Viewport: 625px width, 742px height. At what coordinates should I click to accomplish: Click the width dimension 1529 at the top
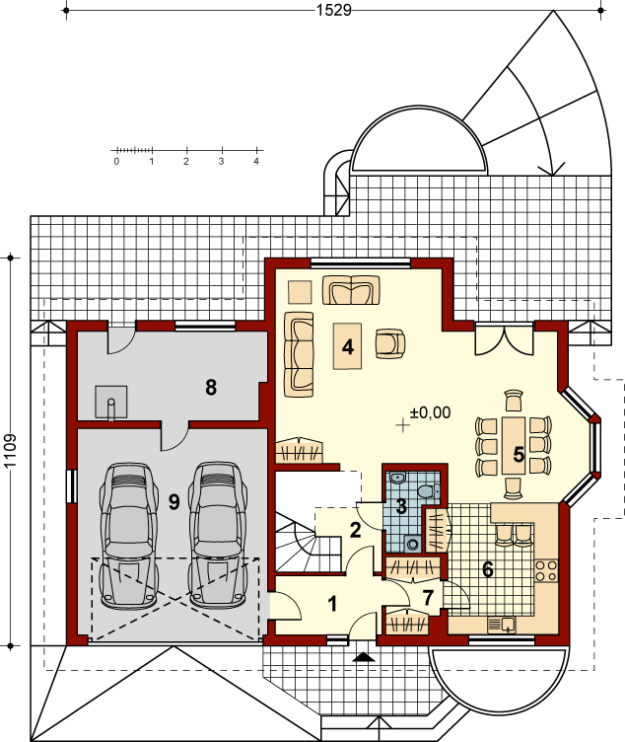click(334, 10)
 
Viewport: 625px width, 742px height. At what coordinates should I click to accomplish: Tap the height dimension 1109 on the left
click(11, 451)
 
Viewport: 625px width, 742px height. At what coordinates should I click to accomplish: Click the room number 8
click(211, 387)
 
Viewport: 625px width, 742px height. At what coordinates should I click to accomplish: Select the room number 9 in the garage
click(174, 501)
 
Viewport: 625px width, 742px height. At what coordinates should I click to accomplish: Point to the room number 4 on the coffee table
click(347, 347)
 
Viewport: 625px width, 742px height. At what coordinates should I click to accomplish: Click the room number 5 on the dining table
click(519, 454)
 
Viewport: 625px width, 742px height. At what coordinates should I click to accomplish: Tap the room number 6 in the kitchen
click(487, 569)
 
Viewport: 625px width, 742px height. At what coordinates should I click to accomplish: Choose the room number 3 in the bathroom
click(401, 506)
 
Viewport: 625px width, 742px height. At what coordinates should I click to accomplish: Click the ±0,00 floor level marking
click(430, 412)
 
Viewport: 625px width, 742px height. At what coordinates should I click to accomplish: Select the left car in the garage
click(128, 535)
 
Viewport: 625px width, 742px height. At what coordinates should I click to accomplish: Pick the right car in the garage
click(218, 535)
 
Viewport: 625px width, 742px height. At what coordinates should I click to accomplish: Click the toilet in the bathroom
click(429, 490)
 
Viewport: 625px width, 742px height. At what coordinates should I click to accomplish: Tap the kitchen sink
click(502, 625)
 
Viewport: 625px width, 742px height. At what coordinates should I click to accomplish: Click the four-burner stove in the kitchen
click(546, 570)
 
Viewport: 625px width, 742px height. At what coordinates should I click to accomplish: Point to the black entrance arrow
click(363, 657)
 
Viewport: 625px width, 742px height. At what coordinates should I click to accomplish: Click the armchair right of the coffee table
click(390, 344)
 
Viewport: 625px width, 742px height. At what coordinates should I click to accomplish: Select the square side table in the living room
click(300, 292)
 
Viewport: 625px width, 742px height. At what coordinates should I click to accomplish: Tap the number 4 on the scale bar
click(256, 162)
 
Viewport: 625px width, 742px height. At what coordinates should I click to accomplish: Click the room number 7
click(428, 598)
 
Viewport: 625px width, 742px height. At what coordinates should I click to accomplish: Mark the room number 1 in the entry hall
click(333, 604)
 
